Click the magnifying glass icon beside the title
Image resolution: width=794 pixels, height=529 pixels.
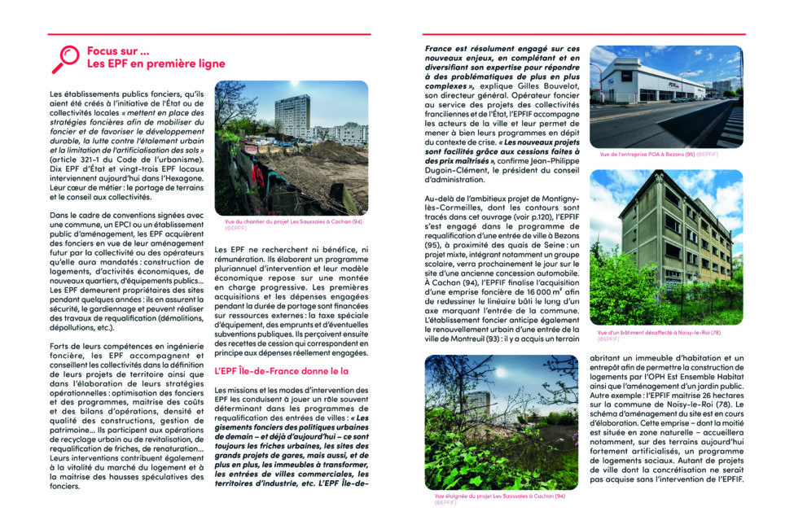pos(64,59)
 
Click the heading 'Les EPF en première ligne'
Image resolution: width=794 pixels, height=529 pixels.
pos(156,63)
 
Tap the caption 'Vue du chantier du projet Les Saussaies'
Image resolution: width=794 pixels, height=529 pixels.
pos(294,221)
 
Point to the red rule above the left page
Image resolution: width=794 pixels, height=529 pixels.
pos(208,34)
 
